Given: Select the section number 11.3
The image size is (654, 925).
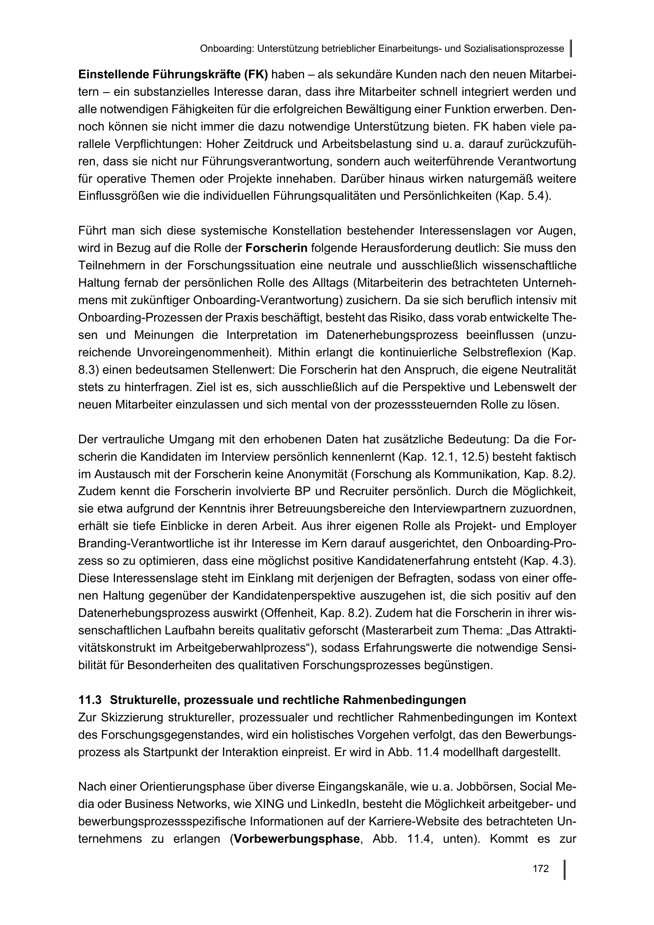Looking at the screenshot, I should coord(90,700).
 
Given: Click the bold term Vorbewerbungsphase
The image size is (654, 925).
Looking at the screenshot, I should coord(297,839).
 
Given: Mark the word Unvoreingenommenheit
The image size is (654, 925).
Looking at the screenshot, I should coord(202,352).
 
